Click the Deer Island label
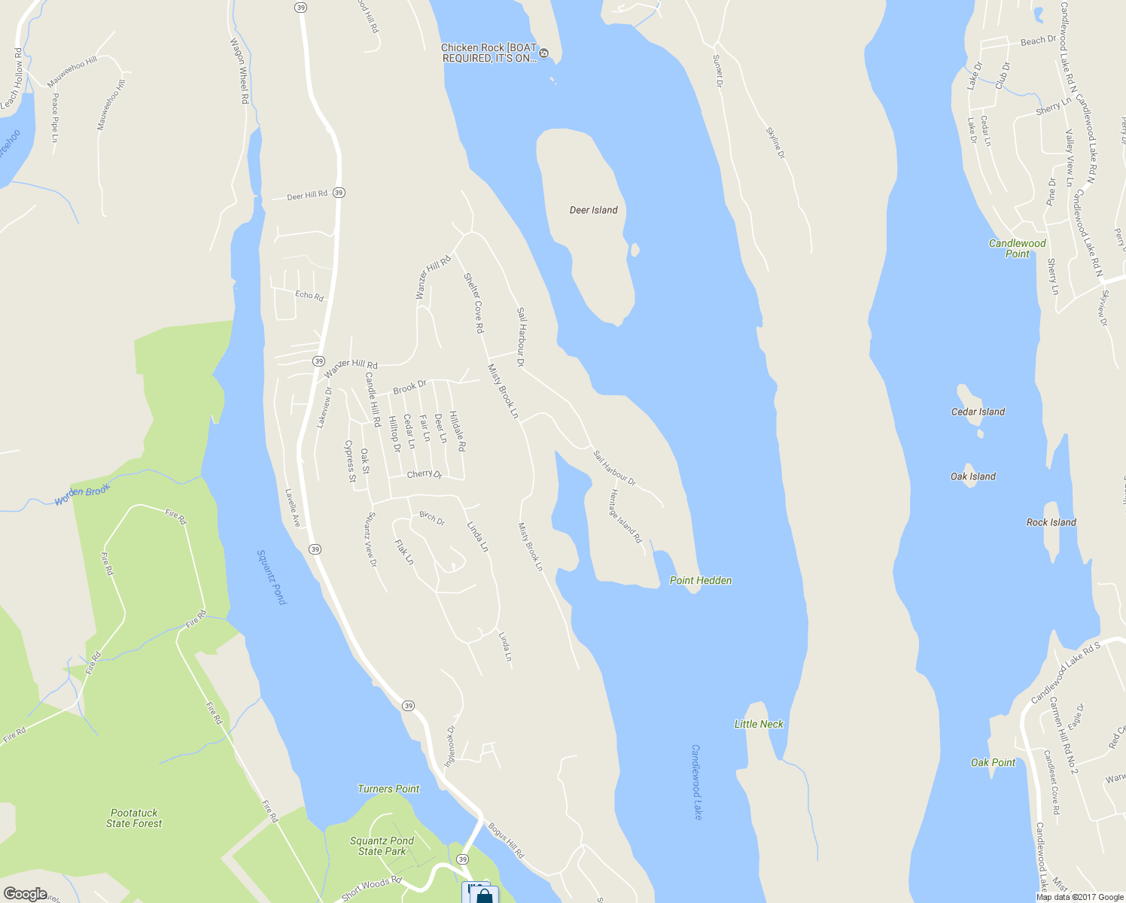click(593, 210)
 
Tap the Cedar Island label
click(978, 412)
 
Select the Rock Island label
click(1051, 522)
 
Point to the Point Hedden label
click(700, 580)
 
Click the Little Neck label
click(759, 724)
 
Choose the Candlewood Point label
click(1017, 248)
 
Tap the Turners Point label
click(388, 789)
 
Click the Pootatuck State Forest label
click(134, 818)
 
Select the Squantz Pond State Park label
click(382, 846)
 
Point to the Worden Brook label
click(82, 494)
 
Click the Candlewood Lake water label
click(696, 782)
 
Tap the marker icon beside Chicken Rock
click(544, 53)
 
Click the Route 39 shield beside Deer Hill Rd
click(339, 193)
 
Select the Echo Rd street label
click(309, 296)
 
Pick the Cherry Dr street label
click(425, 474)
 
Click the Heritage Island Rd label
click(625, 516)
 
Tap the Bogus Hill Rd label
click(506, 841)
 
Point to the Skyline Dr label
click(775, 143)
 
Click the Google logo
click(25, 894)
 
